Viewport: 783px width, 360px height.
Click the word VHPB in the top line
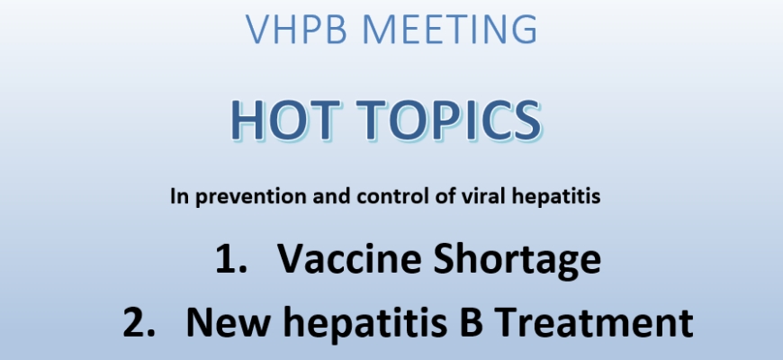click(x=296, y=30)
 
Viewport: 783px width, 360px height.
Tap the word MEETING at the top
click(x=450, y=30)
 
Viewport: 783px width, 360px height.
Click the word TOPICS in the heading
click(x=449, y=120)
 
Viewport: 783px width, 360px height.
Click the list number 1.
click(x=230, y=258)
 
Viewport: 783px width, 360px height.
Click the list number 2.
click(x=139, y=322)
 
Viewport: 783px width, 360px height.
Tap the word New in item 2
click(x=229, y=322)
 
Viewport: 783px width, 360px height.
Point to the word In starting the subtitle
click(x=180, y=196)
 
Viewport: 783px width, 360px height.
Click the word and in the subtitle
click(x=331, y=196)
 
